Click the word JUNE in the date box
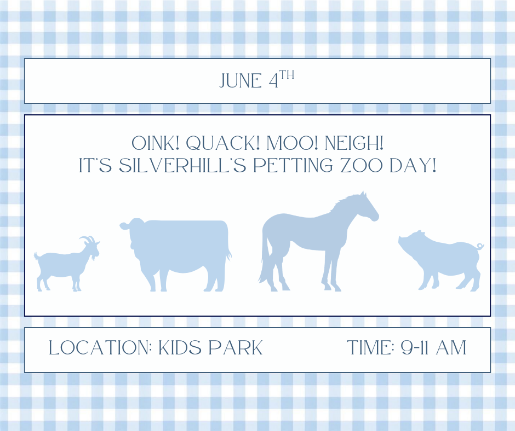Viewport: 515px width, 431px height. pyautogui.click(x=241, y=81)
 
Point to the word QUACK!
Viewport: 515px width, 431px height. pyautogui.click(x=223, y=144)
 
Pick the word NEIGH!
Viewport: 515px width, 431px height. pyautogui.click(x=354, y=144)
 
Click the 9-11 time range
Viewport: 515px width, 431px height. pyautogui.click(x=419, y=348)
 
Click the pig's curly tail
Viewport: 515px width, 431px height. pyautogui.click(x=480, y=246)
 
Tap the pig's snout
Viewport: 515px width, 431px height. pyautogui.click(x=402, y=239)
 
